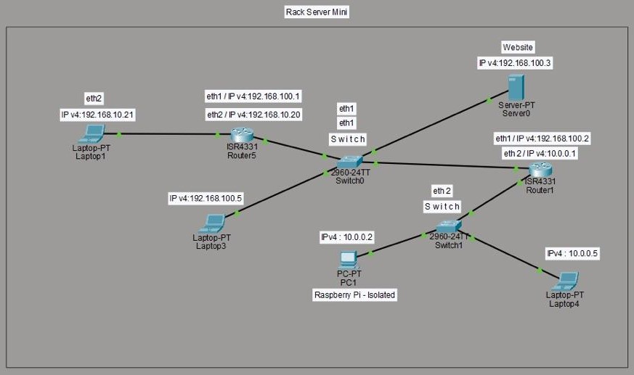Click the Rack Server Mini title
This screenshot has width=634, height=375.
click(317, 12)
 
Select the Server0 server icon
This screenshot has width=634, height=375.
click(516, 87)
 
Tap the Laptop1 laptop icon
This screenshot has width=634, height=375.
click(92, 133)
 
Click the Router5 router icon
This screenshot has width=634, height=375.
click(242, 135)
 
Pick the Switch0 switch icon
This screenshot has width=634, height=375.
click(349, 162)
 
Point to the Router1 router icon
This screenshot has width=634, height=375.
click(540, 170)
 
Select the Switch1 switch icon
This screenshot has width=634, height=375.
click(448, 226)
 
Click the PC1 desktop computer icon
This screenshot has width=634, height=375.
click(348, 260)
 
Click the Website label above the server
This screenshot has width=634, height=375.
click(518, 47)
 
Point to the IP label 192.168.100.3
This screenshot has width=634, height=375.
click(515, 63)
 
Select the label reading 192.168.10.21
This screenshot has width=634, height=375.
click(97, 115)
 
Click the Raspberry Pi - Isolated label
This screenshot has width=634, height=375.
click(354, 294)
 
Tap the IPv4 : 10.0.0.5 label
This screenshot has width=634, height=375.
click(572, 253)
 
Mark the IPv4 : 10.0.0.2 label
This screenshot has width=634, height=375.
click(346, 237)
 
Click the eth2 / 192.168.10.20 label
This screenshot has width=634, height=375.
click(253, 115)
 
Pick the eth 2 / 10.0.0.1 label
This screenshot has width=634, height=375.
click(540, 153)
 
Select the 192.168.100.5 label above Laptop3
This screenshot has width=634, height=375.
click(206, 198)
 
